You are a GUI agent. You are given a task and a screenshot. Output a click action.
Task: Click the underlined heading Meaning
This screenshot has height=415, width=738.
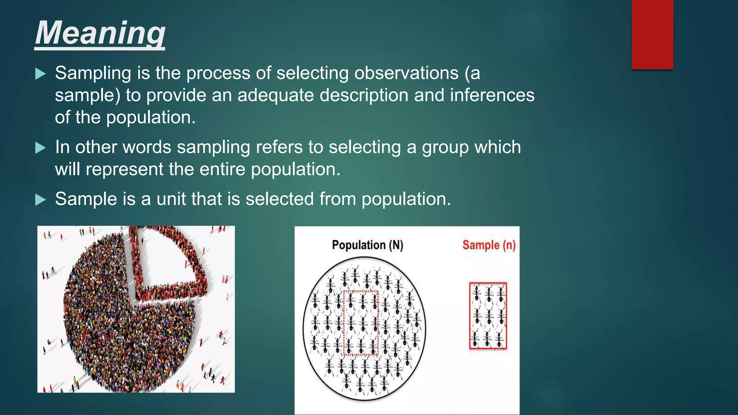point(100,33)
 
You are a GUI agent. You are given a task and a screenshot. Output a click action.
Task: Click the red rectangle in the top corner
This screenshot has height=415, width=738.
point(652,34)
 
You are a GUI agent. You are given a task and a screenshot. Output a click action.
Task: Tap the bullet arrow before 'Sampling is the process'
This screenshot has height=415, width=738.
point(40,74)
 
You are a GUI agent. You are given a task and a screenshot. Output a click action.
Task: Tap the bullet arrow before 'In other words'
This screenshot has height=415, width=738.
point(40,148)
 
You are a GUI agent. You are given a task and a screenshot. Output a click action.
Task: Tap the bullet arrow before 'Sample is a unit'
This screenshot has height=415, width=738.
point(40,200)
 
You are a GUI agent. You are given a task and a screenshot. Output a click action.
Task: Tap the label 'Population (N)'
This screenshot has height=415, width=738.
point(367,245)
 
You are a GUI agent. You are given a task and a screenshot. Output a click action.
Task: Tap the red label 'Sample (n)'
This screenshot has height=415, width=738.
point(489,245)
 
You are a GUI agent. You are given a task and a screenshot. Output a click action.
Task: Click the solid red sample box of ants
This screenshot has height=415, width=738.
point(488,316)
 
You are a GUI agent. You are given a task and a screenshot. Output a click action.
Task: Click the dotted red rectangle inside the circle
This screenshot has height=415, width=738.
point(361,323)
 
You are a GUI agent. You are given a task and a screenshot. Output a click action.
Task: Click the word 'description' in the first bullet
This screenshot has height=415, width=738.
point(364,95)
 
